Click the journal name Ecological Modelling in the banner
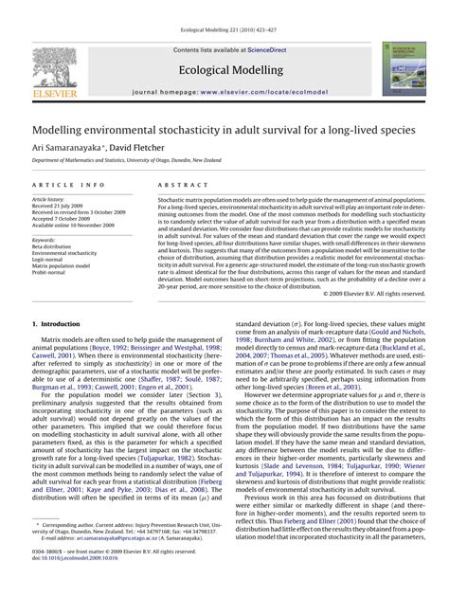[x=224, y=70]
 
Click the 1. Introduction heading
[x=59, y=325]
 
